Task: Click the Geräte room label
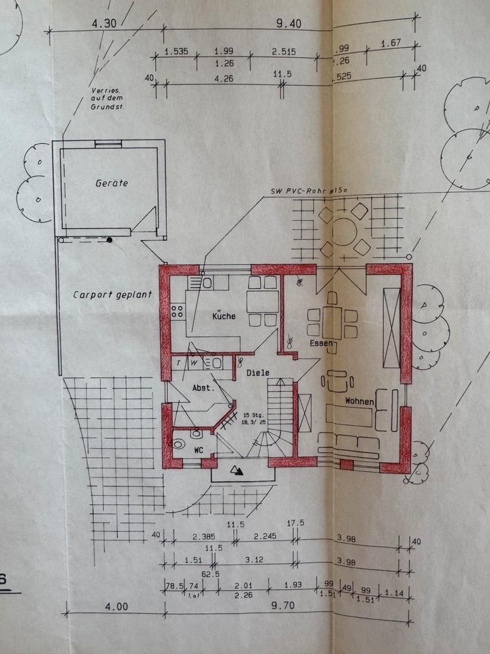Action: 112,183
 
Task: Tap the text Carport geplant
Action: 112,295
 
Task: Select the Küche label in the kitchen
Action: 223,316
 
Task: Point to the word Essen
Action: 321,343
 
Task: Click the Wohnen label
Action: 359,401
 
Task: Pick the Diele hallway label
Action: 258,373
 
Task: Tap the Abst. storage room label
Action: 203,387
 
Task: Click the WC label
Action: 199,450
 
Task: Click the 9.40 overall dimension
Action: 289,23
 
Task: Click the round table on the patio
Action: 344,232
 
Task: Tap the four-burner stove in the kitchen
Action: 178,311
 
